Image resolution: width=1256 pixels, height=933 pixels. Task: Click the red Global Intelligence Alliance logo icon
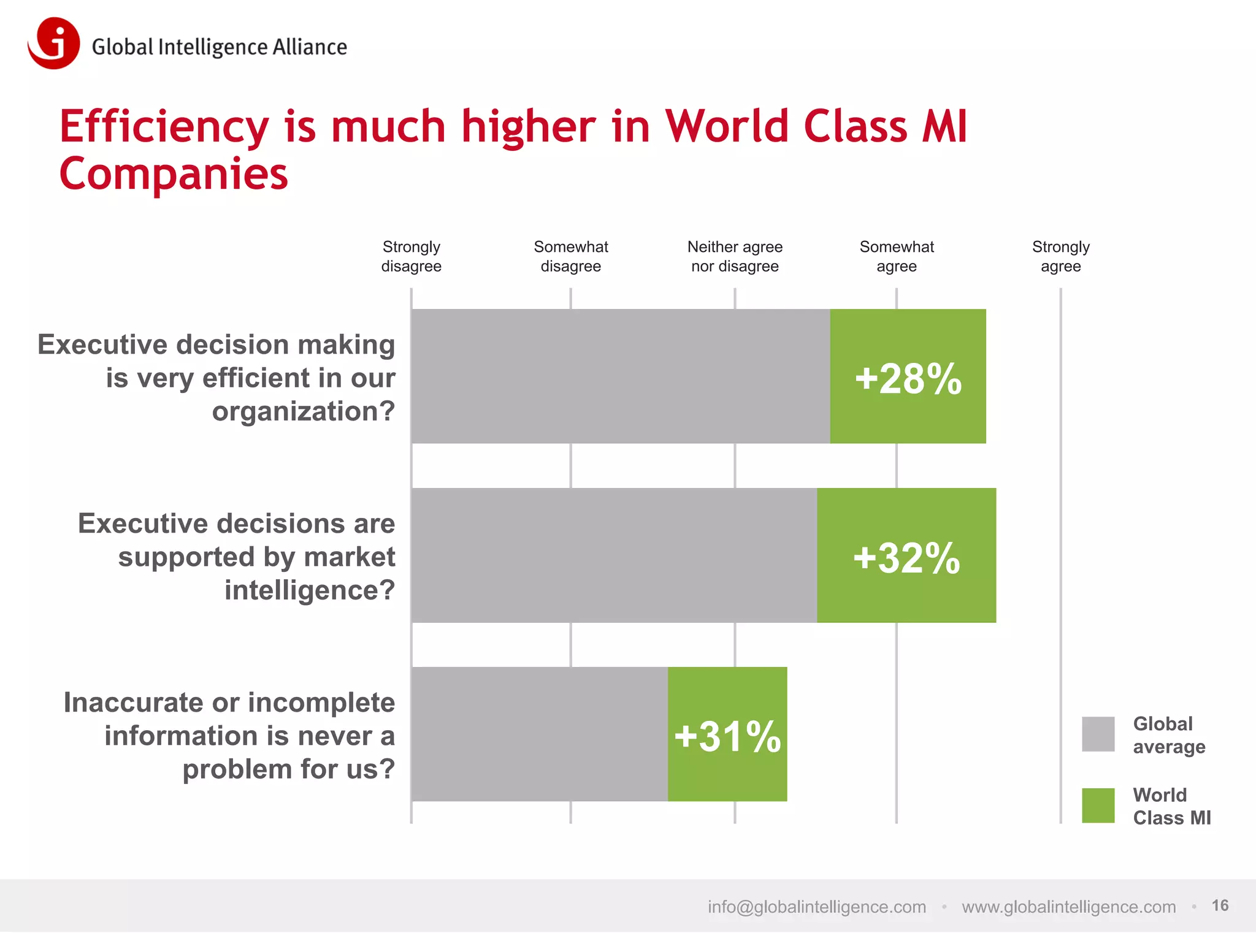[54, 44]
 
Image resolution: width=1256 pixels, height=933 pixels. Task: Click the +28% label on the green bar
[908, 378]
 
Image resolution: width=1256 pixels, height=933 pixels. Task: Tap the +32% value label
[906, 557]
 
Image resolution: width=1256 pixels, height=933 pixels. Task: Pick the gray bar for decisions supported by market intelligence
[614, 555]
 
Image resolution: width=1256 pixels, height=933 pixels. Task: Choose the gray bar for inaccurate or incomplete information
[540, 734]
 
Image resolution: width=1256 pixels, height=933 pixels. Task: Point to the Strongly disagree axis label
[411, 256]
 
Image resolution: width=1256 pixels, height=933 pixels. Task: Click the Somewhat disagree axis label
[570, 256]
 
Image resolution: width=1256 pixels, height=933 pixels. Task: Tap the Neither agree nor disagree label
[735, 256]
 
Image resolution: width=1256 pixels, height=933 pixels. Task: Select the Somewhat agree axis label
[896, 256]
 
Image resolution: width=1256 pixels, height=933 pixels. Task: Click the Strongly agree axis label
[1060, 256]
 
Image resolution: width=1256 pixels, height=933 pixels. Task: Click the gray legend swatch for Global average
[1098, 734]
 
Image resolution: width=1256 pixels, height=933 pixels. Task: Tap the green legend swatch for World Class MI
[1098, 805]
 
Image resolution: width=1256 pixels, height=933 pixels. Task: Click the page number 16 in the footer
[1220, 905]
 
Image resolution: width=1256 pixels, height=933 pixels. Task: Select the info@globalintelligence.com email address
[816, 907]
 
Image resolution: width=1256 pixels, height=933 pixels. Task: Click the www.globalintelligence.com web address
[1068, 907]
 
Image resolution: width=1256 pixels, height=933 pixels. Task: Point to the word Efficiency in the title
[164, 127]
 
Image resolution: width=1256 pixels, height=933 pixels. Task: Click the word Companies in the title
[174, 174]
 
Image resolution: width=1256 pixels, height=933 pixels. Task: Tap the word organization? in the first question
[303, 411]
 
